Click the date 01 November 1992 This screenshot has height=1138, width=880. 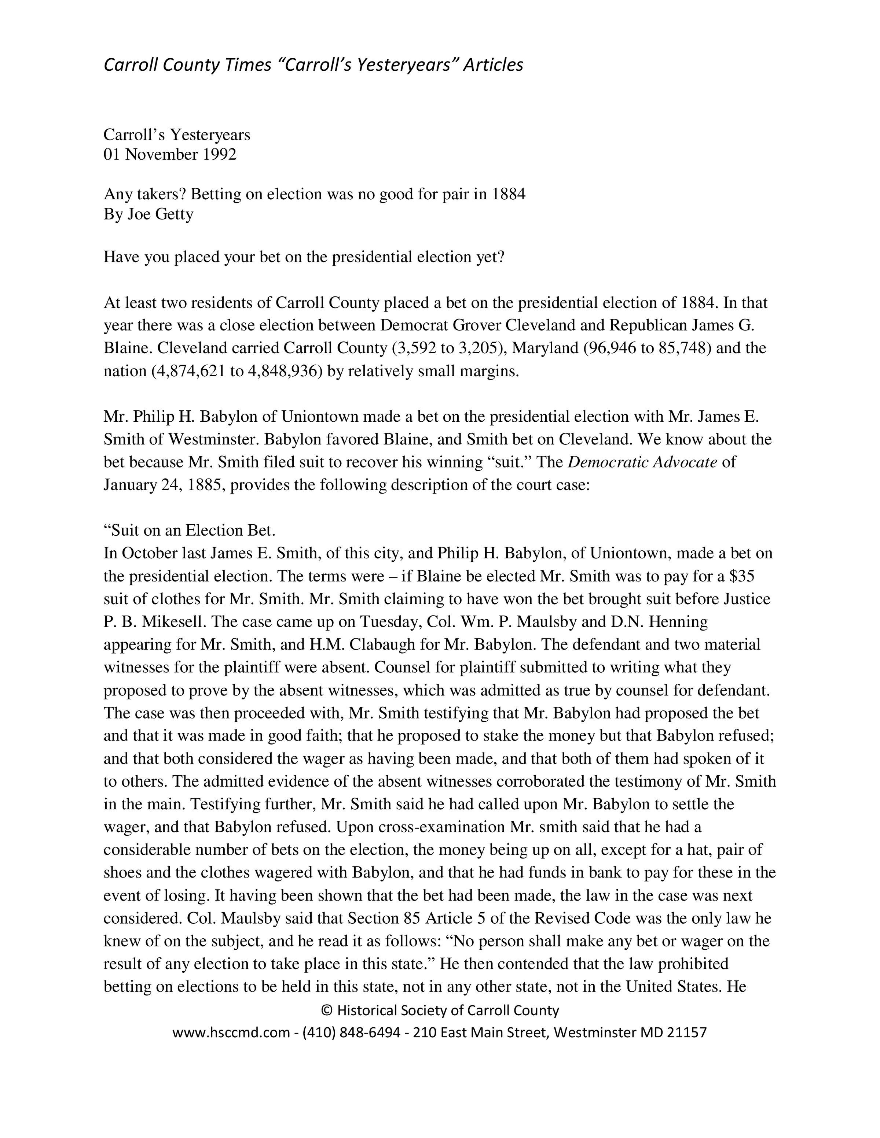pos(170,155)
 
